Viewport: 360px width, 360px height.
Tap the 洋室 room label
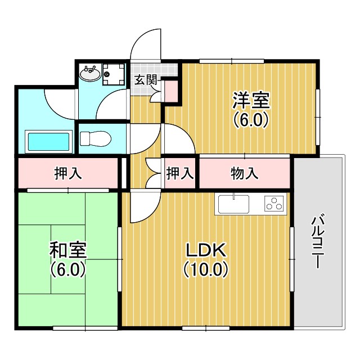[x=251, y=100]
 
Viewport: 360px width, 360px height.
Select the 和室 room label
[x=68, y=250]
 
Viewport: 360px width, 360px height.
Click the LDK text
[x=206, y=250]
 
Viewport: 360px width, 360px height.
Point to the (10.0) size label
[x=206, y=269]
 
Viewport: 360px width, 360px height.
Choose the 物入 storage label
[x=244, y=173]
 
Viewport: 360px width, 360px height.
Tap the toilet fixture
[x=96, y=138]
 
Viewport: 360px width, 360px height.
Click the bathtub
[x=48, y=142]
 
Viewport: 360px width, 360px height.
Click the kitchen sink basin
[x=233, y=204]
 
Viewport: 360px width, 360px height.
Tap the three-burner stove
[x=274, y=203]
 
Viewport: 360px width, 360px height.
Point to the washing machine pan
[x=114, y=74]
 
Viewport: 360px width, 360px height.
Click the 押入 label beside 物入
[x=180, y=173]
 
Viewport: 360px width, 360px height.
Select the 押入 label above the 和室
[x=68, y=173]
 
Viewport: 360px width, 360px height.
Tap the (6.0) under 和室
[x=68, y=269]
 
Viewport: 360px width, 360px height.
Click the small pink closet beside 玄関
[x=171, y=91]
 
